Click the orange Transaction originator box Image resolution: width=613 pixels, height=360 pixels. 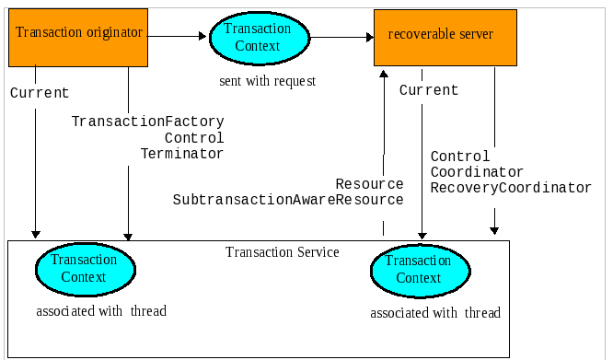(x=78, y=34)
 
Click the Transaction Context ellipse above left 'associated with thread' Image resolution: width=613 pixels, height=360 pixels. (x=85, y=268)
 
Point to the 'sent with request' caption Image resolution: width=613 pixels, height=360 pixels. (x=267, y=81)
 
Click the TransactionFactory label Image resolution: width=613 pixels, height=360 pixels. (x=148, y=122)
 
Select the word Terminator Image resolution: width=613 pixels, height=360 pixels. (x=182, y=154)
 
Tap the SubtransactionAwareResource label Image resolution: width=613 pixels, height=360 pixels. (x=288, y=200)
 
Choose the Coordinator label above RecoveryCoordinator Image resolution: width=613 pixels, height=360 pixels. (x=477, y=172)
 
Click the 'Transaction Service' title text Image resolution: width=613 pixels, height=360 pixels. (x=283, y=252)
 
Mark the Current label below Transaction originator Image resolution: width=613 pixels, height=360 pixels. (x=40, y=93)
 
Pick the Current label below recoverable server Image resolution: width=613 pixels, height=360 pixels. (x=429, y=90)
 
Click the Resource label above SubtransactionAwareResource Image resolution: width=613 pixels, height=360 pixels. (x=369, y=184)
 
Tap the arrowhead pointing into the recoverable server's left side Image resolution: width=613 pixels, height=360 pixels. (x=369, y=38)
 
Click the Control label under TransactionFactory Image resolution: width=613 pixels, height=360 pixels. (x=194, y=138)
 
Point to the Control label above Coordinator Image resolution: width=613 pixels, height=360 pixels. (x=460, y=157)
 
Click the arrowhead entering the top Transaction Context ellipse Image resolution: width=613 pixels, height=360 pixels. (x=204, y=37)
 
